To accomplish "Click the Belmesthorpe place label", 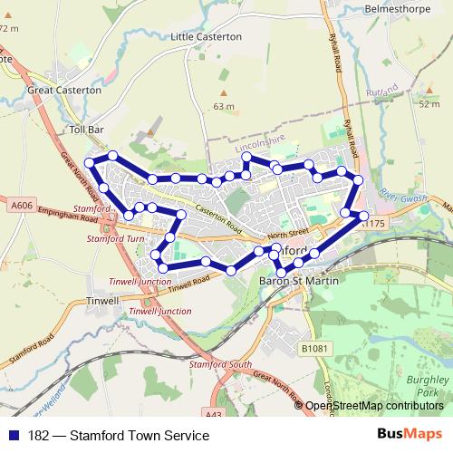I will [x=395, y=8].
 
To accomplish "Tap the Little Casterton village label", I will [x=207, y=37].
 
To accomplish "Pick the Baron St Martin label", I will [x=299, y=283].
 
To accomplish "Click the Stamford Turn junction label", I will [x=115, y=238].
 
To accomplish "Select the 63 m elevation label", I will [x=223, y=106].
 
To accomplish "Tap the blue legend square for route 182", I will [x=14, y=435].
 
